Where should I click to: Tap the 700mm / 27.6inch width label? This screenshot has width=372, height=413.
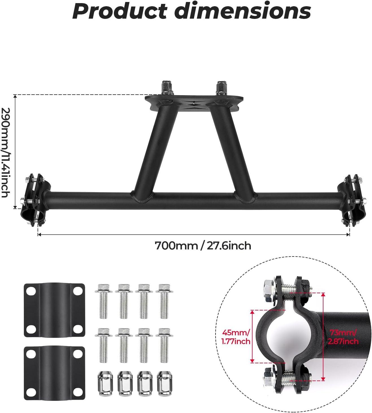pos(203,245)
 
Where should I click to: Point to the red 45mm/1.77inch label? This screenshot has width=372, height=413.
pos(236,337)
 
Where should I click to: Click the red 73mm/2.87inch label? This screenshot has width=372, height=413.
pos(343,337)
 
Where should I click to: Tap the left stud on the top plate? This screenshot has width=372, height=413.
pos(165,88)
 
